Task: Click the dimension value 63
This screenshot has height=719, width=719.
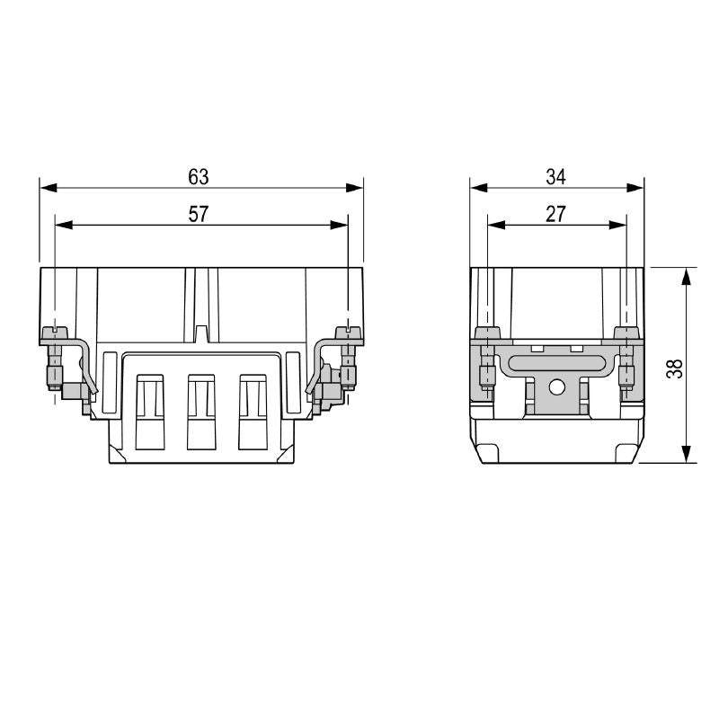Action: tap(199, 177)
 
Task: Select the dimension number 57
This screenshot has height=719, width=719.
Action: tap(199, 214)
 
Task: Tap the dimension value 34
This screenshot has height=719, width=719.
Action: tap(556, 177)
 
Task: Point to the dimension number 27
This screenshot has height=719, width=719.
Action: tap(556, 214)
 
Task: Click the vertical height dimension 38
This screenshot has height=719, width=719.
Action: tap(676, 366)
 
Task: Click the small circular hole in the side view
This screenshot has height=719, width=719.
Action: tap(556, 389)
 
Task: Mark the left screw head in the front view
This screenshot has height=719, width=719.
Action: tap(55, 332)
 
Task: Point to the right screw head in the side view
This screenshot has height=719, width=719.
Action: tap(626, 333)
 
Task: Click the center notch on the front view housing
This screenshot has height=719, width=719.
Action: tap(201, 335)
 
